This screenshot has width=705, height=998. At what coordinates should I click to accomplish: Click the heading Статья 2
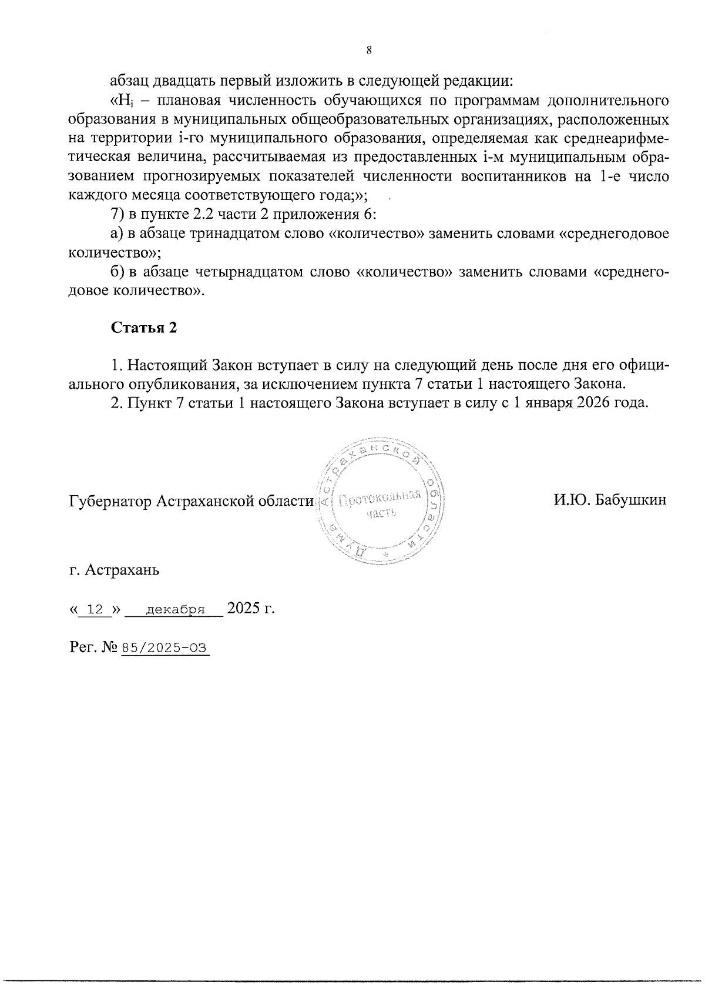click(144, 328)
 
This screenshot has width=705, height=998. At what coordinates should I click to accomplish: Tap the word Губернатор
click(110, 501)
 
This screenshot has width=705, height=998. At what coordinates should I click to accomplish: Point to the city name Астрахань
click(122, 570)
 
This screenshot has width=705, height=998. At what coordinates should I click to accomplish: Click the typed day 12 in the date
click(95, 609)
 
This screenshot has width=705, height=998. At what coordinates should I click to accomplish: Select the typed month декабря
click(175, 609)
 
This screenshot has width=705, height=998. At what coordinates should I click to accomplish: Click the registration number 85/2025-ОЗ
click(164, 648)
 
